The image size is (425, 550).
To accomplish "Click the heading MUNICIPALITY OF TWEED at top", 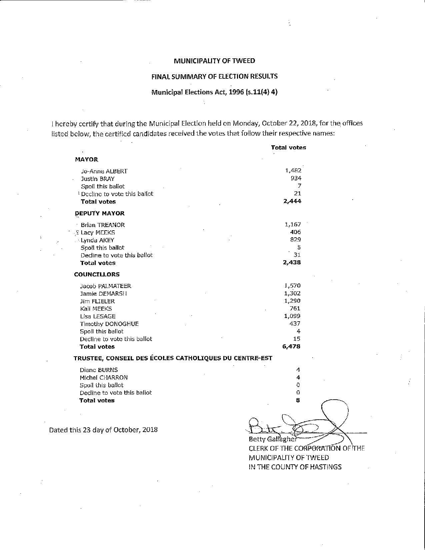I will click(214, 61).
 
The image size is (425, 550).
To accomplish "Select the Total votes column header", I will click(288, 147).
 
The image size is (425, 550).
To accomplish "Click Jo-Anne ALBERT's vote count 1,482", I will click(293, 171).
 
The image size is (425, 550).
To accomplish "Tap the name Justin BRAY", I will click(98, 179).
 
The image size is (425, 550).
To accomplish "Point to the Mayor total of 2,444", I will click(292, 201).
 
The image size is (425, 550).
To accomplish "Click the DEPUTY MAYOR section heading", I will click(100, 213).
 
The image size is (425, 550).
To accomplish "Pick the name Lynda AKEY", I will click(97, 240).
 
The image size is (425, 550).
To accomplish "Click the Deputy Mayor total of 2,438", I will click(292, 262).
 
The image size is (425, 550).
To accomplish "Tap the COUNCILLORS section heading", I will click(97, 274).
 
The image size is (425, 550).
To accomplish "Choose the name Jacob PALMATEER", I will click(105, 286).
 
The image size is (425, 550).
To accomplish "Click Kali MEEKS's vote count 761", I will click(295, 308).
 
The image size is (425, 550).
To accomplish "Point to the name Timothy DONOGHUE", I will click(109, 324).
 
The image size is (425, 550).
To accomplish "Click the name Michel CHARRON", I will click(103, 377).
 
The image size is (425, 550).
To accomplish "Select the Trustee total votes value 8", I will click(298, 400).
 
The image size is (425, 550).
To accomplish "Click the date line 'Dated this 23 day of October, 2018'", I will click(103, 430).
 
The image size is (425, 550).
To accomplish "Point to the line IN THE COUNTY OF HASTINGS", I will click(295, 467).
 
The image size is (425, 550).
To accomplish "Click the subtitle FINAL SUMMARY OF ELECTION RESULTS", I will click(214, 76).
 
